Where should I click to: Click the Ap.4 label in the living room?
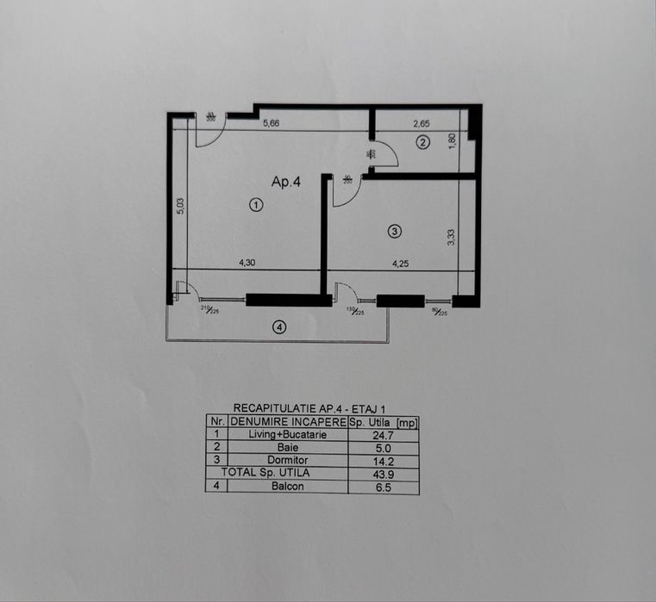pos(285,182)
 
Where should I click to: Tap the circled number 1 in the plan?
pos(255,204)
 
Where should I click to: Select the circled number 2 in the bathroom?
pos(422,142)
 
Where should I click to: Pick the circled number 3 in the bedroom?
pos(394,231)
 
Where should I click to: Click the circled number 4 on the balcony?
pos(278,326)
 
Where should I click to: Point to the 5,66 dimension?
pos(271,123)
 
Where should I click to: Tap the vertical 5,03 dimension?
pos(180,207)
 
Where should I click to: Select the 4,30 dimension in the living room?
pos(247,263)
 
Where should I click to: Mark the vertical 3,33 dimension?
pos(451,237)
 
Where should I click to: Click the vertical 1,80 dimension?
pos(451,140)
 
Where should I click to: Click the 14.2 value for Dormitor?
pos(383,461)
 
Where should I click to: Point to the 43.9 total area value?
pos(383,474)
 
